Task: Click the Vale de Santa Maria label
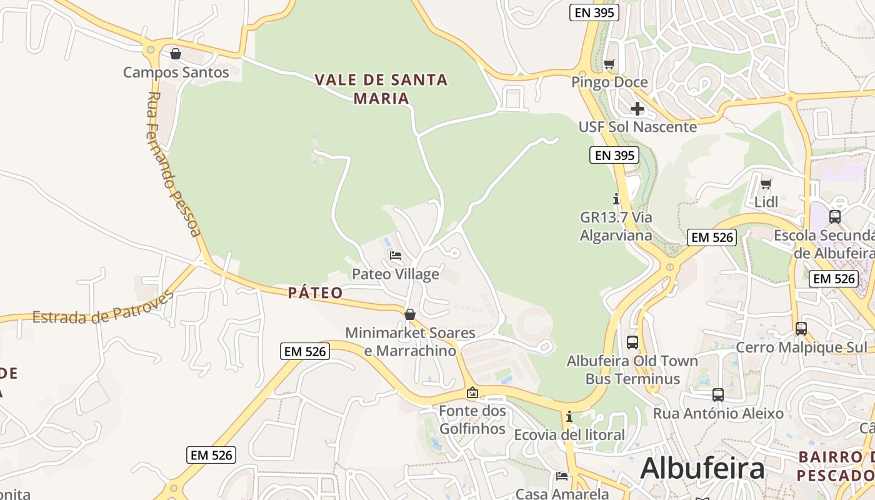(381, 89)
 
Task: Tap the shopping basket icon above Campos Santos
(176, 54)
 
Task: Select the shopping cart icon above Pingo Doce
(609, 64)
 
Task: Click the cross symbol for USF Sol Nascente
(637, 109)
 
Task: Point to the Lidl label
(766, 202)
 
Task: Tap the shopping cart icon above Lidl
(766, 184)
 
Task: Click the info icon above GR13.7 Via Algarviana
(616, 199)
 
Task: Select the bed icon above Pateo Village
(396, 256)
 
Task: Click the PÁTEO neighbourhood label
(316, 292)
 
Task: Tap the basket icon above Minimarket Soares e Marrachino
(410, 314)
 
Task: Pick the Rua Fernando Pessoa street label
(174, 164)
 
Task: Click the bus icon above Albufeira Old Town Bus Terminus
(632, 342)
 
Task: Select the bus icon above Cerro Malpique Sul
(801, 329)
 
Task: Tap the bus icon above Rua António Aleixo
(718, 395)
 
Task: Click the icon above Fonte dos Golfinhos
(472, 392)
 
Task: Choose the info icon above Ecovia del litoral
(569, 416)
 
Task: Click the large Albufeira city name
(702, 467)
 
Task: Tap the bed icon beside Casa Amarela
(562, 477)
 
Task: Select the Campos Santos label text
(176, 72)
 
